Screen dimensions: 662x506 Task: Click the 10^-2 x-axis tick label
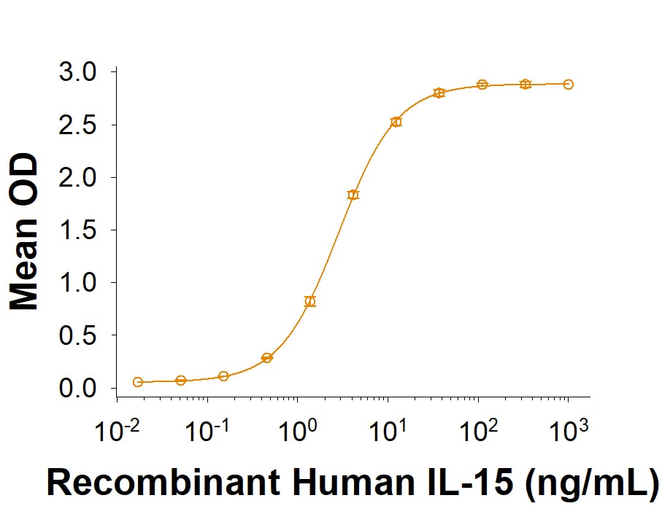pyautogui.click(x=116, y=429)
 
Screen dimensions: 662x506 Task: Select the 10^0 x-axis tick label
pyautogui.click(x=297, y=429)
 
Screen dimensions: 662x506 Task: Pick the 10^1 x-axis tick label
pyautogui.click(x=388, y=429)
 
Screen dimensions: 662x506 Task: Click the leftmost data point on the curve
pyautogui.click(x=138, y=382)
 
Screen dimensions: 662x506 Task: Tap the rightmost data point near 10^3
pyautogui.click(x=569, y=85)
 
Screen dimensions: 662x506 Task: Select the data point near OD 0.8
pyautogui.click(x=310, y=301)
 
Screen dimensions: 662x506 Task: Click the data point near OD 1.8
pyautogui.click(x=353, y=195)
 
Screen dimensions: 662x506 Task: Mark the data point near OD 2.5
pyautogui.click(x=396, y=122)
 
